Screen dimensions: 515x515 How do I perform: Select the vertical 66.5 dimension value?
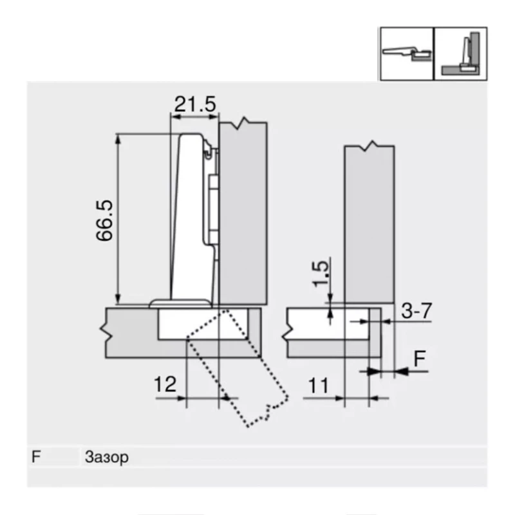[x=104, y=220]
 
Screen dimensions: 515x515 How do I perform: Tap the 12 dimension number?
[x=165, y=385]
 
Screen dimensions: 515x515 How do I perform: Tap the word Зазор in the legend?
[x=106, y=458]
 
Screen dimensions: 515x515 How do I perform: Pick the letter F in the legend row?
[x=37, y=458]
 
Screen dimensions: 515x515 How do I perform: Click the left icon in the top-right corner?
[x=406, y=53]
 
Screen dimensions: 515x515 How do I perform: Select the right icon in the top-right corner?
[x=460, y=53]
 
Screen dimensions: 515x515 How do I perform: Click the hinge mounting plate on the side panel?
[x=214, y=206]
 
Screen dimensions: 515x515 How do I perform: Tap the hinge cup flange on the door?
[x=180, y=303]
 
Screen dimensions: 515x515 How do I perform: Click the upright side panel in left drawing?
[x=243, y=212]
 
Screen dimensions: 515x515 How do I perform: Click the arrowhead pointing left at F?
[x=402, y=370]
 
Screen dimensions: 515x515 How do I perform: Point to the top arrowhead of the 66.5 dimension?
[x=117, y=137]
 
